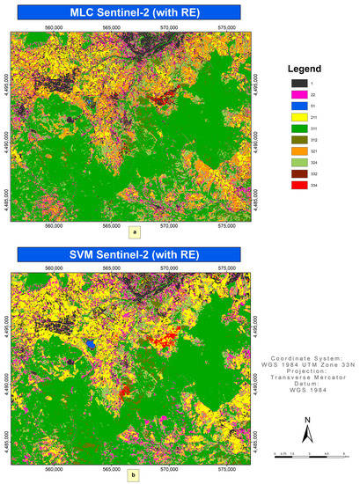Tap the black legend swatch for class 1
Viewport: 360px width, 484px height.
299,83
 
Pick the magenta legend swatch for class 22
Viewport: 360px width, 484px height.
299,97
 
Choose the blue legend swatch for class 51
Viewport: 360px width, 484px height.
299,112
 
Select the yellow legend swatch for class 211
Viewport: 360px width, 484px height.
299,126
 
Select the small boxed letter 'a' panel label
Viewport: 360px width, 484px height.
133,233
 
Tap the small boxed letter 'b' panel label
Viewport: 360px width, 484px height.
133,476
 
